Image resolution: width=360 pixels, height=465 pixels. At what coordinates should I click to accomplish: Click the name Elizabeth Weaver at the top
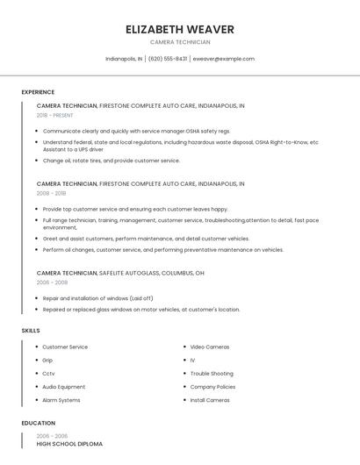tap(180, 29)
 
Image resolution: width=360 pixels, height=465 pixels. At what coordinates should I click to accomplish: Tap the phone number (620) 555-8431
tap(167, 59)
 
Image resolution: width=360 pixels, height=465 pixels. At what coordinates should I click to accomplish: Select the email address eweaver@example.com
tap(223, 59)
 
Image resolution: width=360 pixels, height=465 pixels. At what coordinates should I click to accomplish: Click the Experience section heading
tap(38, 92)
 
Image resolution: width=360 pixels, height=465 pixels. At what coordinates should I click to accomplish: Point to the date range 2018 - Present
tap(54, 115)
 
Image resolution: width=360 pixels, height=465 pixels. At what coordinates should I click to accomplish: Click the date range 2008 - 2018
tap(51, 193)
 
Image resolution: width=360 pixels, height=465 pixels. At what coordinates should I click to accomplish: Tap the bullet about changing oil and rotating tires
tap(111, 161)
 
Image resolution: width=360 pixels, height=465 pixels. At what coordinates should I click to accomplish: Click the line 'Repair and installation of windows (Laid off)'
tap(97, 298)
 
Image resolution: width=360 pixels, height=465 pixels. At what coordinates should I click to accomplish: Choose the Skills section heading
tap(31, 331)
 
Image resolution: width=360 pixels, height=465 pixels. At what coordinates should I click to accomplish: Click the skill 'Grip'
tap(47, 360)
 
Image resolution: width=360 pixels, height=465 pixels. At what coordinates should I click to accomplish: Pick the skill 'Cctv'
tap(48, 373)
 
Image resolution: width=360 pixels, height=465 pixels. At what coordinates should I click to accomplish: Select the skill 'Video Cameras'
tap(209, 347)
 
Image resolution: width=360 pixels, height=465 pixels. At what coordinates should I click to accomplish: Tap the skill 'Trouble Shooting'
tap(212, 373)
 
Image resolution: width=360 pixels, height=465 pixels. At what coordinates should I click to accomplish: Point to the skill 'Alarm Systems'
tap(61, 400)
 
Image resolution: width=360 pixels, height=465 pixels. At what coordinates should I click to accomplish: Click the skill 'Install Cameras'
tap(210, 400)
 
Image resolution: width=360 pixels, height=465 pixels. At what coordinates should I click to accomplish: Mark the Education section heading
tap(39, 423)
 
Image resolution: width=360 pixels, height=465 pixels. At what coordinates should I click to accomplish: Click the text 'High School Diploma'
tap(69, 444)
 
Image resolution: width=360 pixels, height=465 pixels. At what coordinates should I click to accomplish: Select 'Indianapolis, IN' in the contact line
tap(124, 59)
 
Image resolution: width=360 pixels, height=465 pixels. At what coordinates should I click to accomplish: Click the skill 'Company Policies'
tap(212, 387)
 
